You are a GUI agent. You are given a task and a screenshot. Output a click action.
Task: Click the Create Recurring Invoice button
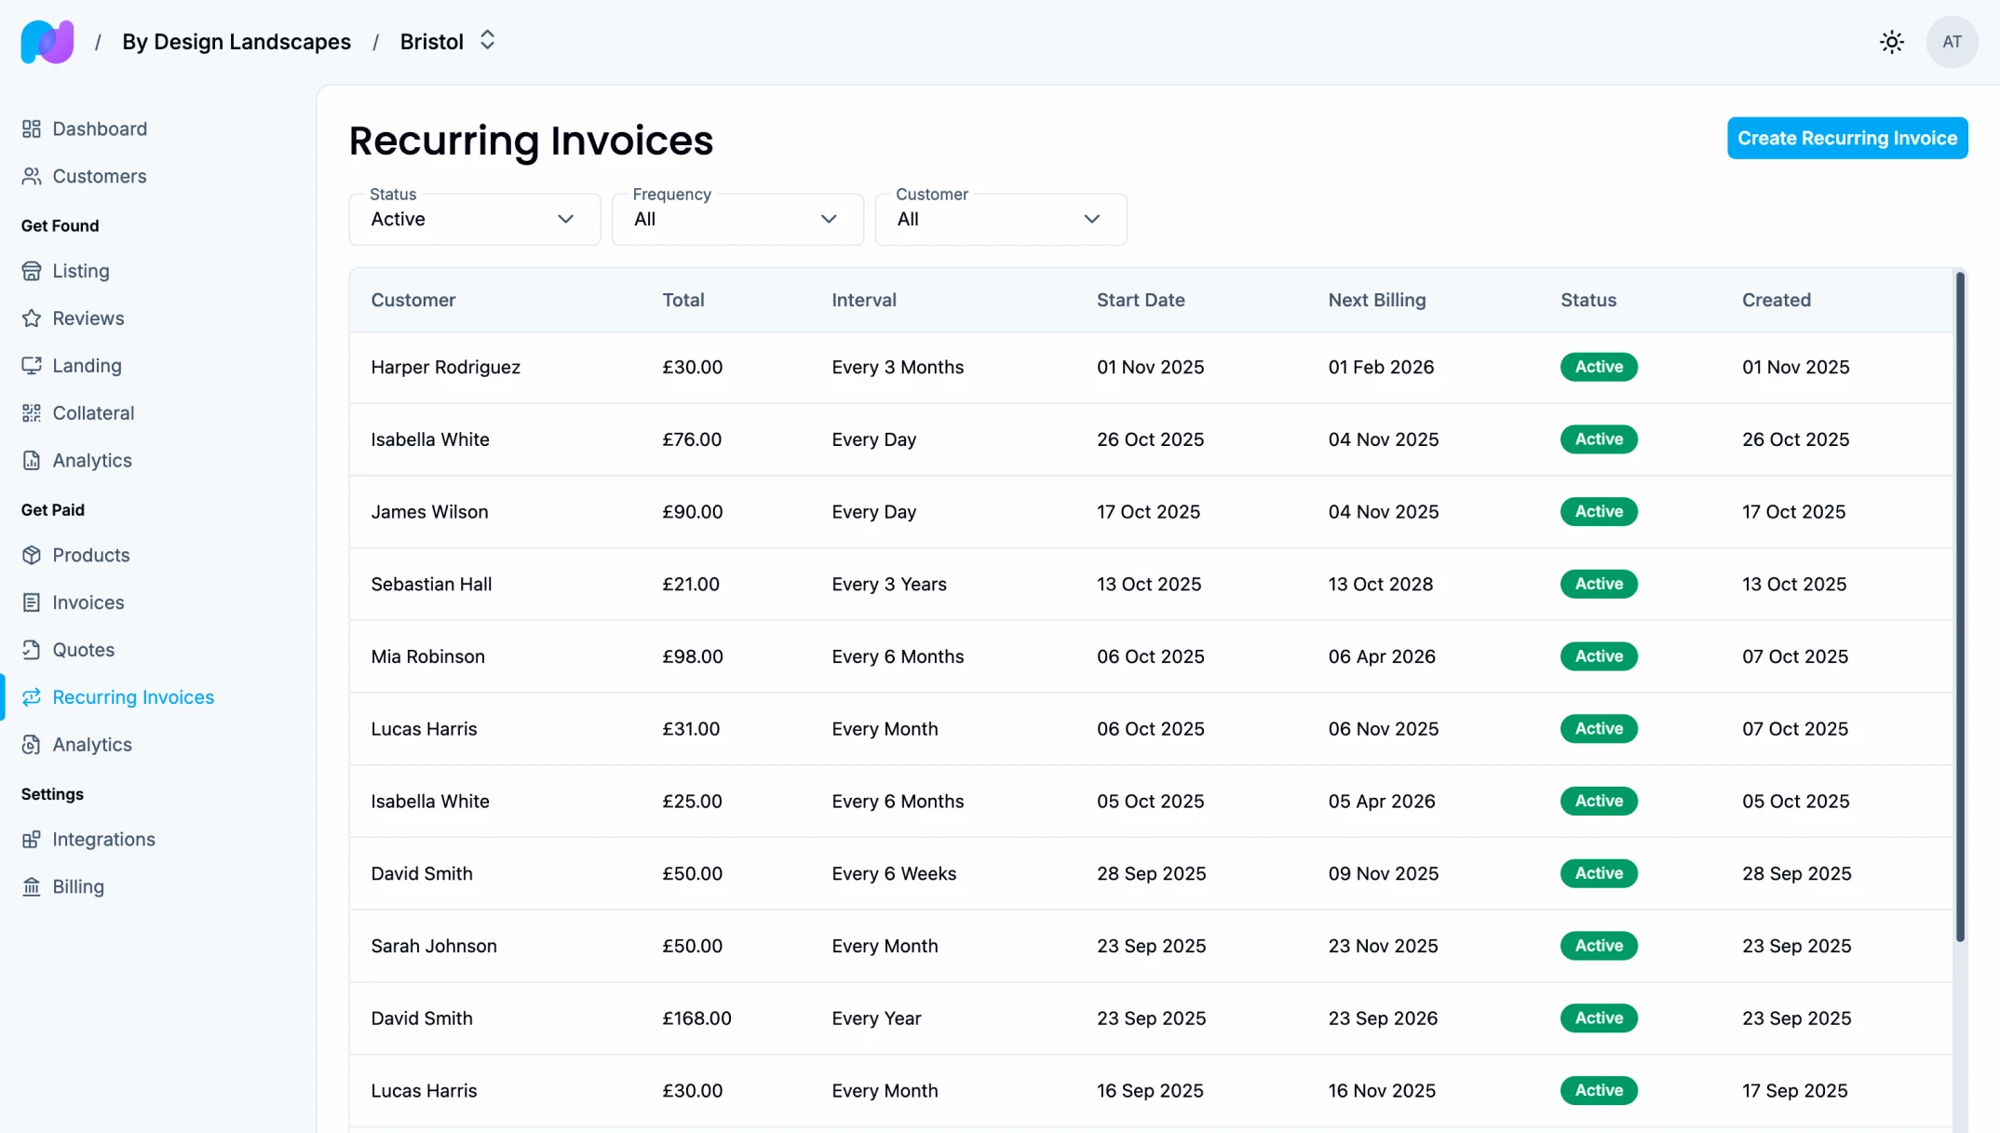coord(1846,138)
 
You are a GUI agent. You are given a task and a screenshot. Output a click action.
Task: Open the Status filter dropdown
coord(474,220)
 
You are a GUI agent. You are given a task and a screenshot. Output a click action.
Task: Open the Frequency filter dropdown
coord(736,220)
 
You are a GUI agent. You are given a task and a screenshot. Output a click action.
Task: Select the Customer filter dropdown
coord(1000,220)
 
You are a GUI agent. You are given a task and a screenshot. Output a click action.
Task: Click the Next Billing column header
coord(1376,300)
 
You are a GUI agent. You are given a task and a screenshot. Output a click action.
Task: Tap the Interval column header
coord(863,300)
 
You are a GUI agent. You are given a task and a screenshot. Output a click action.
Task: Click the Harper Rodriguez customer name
coord(445,367)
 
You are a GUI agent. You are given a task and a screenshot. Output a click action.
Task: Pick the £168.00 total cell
coord(696,1018)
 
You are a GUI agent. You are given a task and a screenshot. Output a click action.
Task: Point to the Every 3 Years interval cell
coord(888,584)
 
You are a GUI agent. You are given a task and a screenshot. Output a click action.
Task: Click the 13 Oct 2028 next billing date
coord(1380,584)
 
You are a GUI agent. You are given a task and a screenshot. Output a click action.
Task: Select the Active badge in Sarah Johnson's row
coord(1598,946)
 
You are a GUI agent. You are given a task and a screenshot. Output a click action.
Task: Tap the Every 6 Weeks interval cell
coord(893,873)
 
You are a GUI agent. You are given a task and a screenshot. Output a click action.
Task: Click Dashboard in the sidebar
coord(99,128)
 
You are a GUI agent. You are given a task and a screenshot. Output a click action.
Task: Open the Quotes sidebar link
coord(83,650)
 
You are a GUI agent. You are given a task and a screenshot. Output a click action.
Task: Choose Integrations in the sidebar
coord(103,839)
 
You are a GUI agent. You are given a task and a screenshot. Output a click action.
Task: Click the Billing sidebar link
coord(78,886)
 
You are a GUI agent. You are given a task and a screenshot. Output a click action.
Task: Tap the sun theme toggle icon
coord(1891,42)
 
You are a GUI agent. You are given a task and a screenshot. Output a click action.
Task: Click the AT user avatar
coord(1952,42)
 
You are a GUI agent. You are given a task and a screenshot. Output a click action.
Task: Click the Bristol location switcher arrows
coord(487,41)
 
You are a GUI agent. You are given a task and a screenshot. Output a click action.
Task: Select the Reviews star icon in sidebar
coord(32,318)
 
